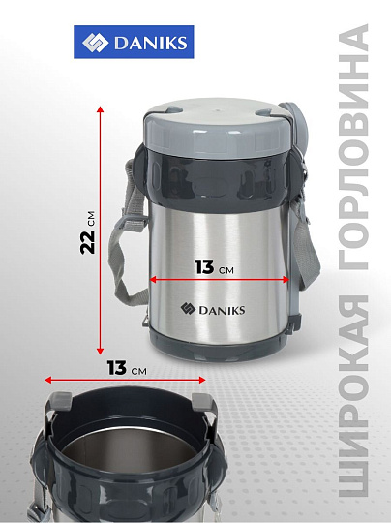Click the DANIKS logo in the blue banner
pyautogui.click(x=134, y=42)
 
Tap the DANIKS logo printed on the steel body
pyautogui.click(x=213, y=309)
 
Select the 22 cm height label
pyautogui.click(x=88, y=232)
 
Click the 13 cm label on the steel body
pyautogui.click(x=214, y=267)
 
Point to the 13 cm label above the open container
pyautogui.click(x=127, y=368)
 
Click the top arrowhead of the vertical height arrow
pyautogui.click(x=100, y=109)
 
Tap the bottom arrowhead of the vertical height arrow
pyautogui.click(x=100, y=351)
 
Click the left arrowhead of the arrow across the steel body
pyautogui.click(x=153, y=280)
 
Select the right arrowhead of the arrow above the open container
pyautogui.click(x=201, y=380)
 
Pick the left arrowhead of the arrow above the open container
pyautogui.click(x=48, y=380)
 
